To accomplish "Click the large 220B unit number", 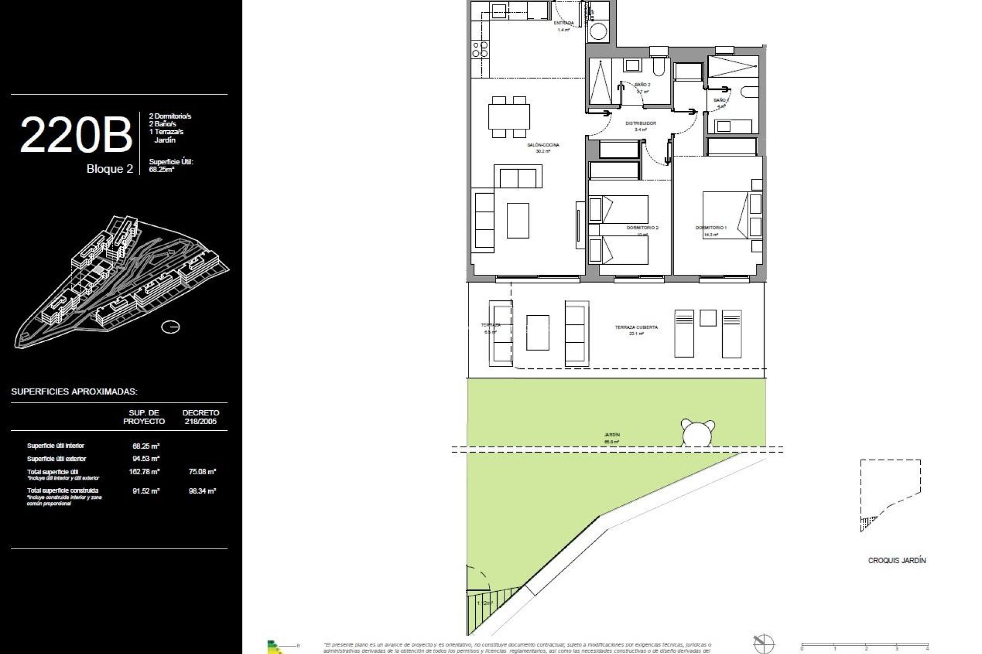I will [x=76, y=135].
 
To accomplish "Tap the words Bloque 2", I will [x=109, y=169].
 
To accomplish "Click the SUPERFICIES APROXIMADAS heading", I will [x=74, y=392].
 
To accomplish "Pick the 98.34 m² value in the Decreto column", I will [x=202, y=491].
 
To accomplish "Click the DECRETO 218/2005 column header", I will [x=200, y=417].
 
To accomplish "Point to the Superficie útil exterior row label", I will [x=56, y=459].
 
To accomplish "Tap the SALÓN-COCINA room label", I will [x=543, y=145].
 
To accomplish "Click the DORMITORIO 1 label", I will [x=710, y=227].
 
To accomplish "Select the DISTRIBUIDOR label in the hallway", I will [x=640, y=124].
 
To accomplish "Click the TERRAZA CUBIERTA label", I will [x=636, y=328].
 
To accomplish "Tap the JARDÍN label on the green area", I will [x=612, y=435].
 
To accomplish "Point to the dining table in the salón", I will [x=509, y=116].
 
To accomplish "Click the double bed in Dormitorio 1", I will [x=725, y=215].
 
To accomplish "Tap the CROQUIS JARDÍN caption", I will [x=897, y=560].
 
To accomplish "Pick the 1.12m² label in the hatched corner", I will [x=484, y=603].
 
